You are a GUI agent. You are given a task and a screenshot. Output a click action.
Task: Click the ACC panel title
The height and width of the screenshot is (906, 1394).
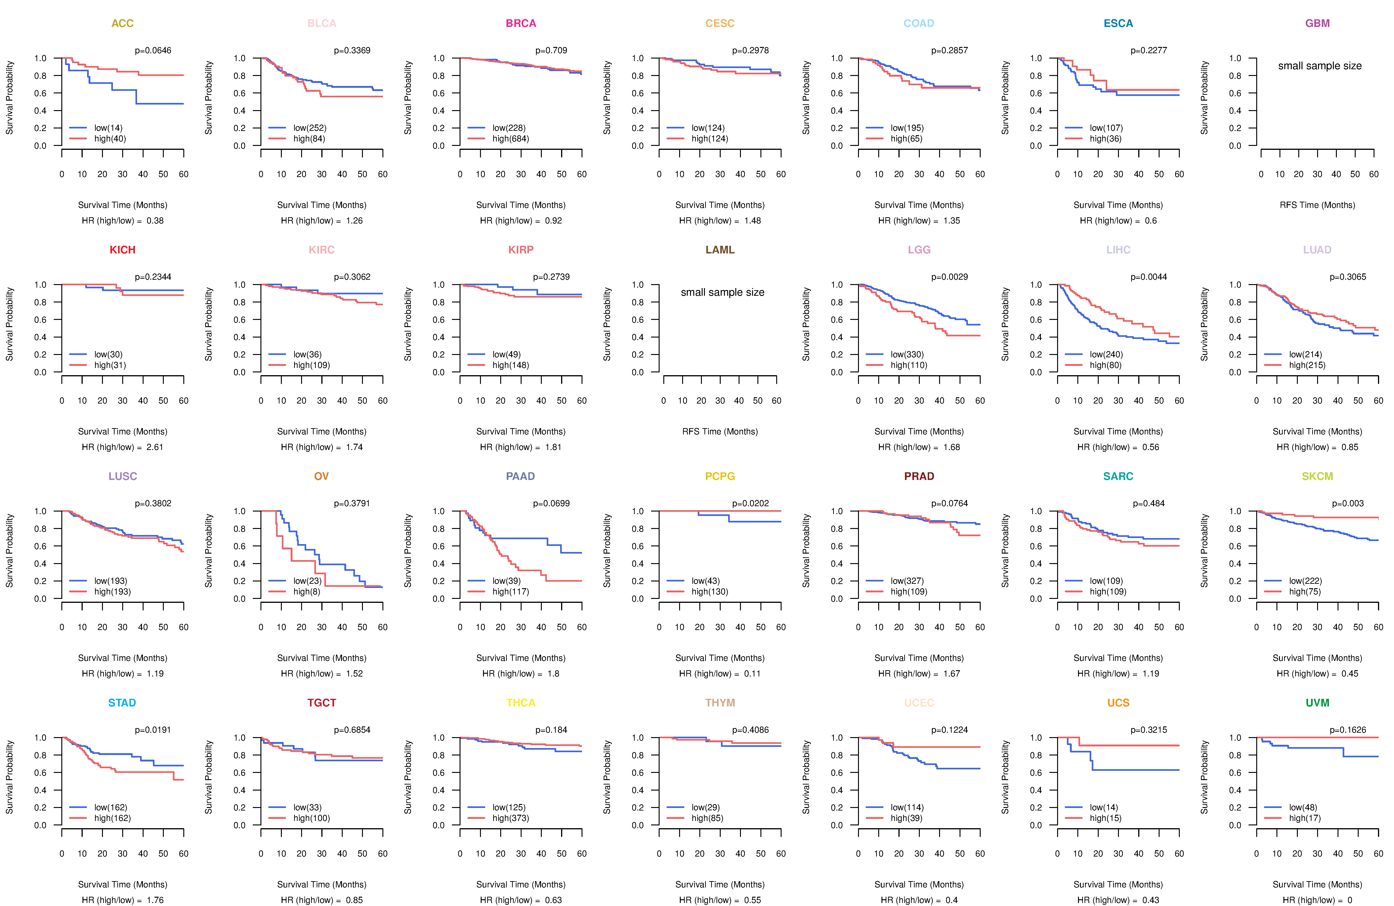tap(122, 23)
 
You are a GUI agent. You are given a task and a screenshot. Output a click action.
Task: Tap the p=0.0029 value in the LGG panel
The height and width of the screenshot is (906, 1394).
tap(950, 277)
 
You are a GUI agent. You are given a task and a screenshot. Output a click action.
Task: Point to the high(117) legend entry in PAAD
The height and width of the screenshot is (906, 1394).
tap(510, 591)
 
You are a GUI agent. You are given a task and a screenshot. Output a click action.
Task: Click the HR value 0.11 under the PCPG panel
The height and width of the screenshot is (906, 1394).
tap(752, 673)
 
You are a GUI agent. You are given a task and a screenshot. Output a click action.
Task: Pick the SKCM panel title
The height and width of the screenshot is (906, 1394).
tap(1317, 476)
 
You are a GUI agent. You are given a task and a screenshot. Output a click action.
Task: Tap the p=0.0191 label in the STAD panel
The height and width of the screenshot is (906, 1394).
tap(153, 730)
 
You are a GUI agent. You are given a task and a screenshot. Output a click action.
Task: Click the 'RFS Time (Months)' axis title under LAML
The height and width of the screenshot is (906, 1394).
tap(720, 432)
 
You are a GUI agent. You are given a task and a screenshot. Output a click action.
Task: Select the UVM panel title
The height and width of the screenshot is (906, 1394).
tap(1317, 703)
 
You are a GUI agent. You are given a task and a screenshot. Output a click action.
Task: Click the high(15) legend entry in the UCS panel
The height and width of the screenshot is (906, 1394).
tap(1105, 818)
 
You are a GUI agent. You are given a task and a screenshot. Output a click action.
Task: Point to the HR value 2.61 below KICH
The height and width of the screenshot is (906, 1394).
tap(155, 447)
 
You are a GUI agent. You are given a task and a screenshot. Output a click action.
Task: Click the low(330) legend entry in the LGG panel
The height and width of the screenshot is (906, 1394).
tap(907, 354)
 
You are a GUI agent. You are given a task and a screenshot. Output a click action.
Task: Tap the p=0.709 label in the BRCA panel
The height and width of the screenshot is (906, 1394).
tap(551, 50)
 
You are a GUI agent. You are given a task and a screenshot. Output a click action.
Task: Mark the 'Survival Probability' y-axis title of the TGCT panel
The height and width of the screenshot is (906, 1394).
tap(208, 777)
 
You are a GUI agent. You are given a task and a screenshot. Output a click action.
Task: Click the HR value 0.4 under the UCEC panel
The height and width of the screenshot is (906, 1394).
tap(951, 900)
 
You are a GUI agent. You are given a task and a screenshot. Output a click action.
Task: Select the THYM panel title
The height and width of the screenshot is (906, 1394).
tap(720, 703)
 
